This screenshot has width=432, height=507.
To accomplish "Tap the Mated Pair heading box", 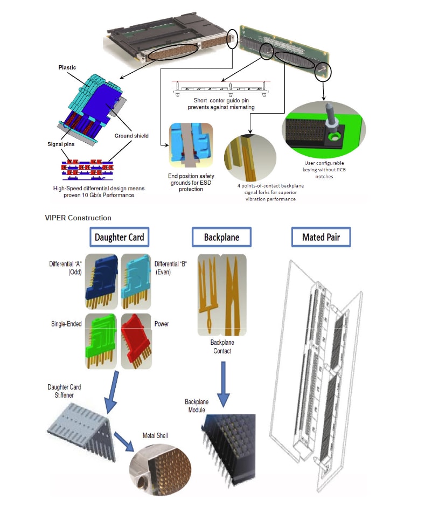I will pyautogui.click(x=320, y=237).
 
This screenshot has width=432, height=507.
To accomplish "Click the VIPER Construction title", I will pyautogui.click(x=78, y=218).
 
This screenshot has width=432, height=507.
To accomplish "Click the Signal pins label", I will pyautogui.click(x=61, y=144).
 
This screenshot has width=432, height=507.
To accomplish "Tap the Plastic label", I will pyautogui.click(x=67, y=68).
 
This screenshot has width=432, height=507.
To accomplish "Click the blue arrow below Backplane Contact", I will pyautogui.click(x=222, y=384).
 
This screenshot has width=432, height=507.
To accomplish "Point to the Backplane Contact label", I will pyautogui.click(x=222, y=346).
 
